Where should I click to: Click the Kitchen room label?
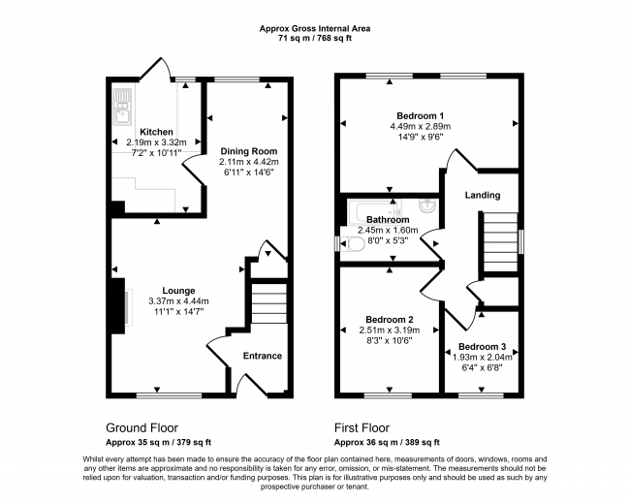coord(156,132)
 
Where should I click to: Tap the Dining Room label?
coord(248,151)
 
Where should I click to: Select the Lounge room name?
coord(178,290)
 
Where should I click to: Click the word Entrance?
coord(262,356)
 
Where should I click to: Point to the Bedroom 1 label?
coord(421,115)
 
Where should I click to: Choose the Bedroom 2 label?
coord(390,319)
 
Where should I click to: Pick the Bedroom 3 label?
coord(482,347)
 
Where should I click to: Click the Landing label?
coord(483,196)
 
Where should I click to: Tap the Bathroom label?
coord(387,220)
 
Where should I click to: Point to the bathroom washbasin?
coord(427,205)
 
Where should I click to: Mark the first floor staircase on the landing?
coord(500,238)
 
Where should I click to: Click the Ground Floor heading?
coord(142,427)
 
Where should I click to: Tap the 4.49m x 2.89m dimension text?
coord(421,126)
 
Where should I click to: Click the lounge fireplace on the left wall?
coord(122,302)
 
